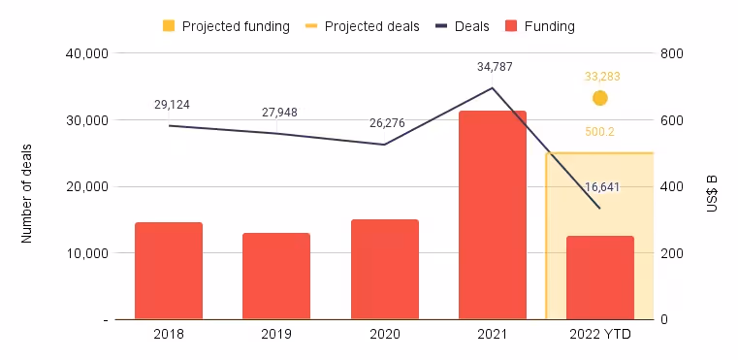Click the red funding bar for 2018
(x=169, y=271)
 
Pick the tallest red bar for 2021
(x=492, y=214)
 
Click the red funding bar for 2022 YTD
(x=599, y=278)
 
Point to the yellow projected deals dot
(x=600, y=98)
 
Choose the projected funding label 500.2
(x=600, y=131)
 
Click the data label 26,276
(x=388, y=123)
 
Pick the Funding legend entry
(x=546, y=26)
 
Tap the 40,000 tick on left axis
(x=81, y=54)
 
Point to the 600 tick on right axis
(x=671, y=120)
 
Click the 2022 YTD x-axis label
(x=599, y=335)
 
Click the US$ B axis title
(x=713, y=187)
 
